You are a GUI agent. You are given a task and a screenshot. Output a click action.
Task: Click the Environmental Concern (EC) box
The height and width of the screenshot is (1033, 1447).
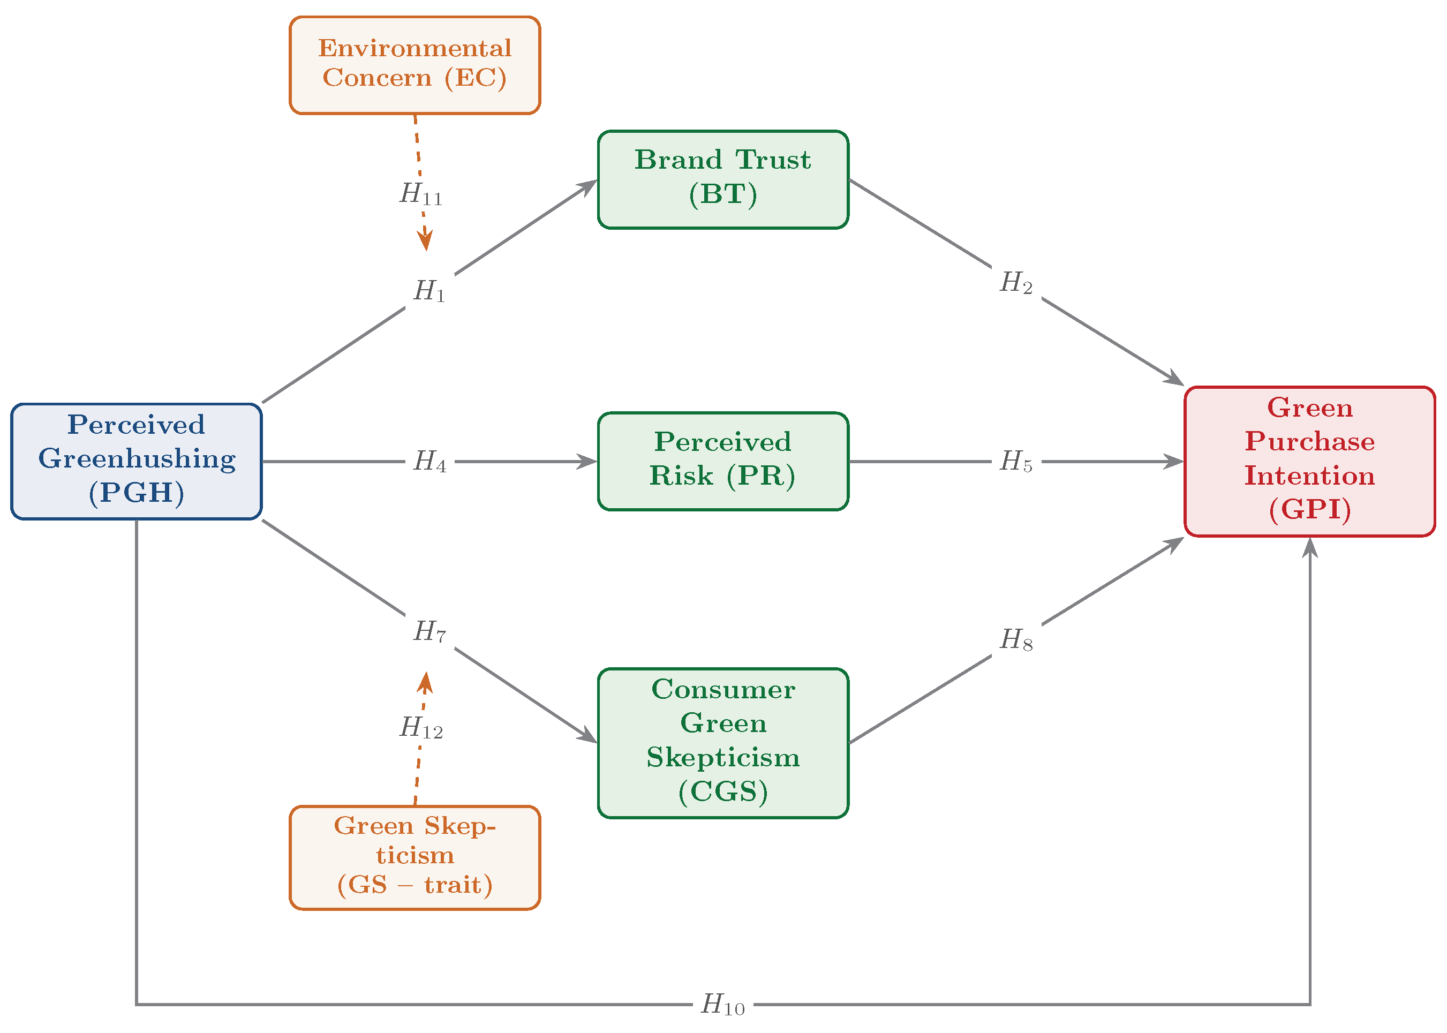(x=414, y=65)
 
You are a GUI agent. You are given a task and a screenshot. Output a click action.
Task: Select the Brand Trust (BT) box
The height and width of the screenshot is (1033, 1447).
(x=723, y=179)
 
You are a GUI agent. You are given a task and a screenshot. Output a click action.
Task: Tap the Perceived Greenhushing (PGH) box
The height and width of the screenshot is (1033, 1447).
(x=137, y=461)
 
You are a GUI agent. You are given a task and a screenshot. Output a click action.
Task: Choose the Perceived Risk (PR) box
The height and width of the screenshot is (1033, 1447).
(x=723, y=461)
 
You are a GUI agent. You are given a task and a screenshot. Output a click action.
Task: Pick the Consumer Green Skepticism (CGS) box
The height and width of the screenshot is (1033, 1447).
(x=723, y=743)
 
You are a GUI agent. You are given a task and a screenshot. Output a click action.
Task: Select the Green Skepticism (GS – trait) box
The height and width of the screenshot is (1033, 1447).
(x=414, y=857)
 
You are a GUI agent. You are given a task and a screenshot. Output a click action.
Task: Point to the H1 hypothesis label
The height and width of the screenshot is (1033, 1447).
(x=430, y=291)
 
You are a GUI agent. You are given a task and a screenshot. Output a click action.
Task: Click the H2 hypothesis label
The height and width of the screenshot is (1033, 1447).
(x=1016, y=282)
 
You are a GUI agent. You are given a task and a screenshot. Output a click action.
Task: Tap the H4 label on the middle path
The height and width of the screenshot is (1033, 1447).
(x=430, y=461)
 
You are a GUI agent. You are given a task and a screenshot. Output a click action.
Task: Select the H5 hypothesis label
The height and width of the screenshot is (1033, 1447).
(x=1016, y=461)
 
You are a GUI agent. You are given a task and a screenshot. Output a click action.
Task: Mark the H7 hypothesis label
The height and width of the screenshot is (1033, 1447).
(x=430, y=631)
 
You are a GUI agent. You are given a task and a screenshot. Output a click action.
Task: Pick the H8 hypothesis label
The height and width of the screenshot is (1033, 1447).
(x=1016, y=640)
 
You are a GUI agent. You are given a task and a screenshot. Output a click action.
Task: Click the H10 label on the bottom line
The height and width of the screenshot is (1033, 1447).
(x=723, y=1005)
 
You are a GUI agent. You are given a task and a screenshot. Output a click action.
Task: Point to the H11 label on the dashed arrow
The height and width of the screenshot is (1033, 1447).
(x=421, y=193)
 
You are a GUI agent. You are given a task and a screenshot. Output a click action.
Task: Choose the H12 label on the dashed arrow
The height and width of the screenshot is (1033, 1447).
(x=421, y=727)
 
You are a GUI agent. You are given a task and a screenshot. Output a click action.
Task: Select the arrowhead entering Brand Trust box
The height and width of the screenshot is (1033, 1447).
(x=586, y=187)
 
